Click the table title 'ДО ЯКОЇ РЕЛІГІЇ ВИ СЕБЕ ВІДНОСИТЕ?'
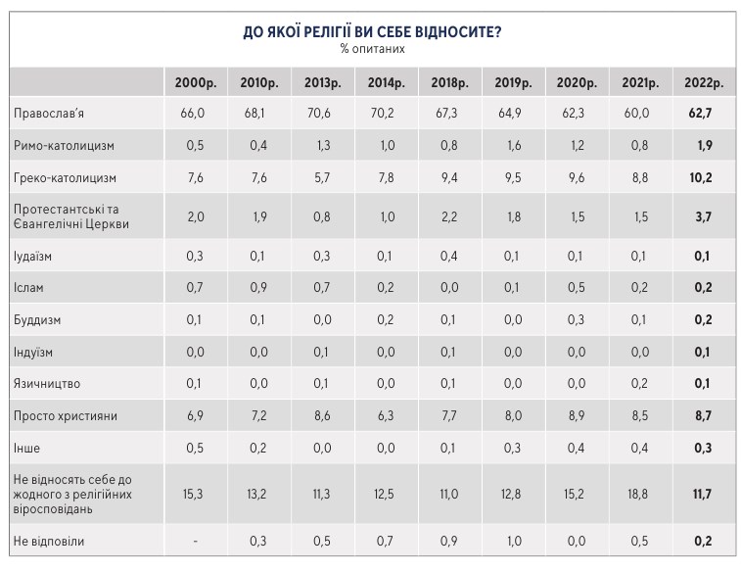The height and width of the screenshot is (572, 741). pyautogui.click(x=372, y=32)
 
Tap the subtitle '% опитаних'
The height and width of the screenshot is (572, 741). pyautogui.click(x=372, y=49)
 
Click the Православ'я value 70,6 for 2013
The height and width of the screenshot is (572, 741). pyautogui.click(x=317, y=114)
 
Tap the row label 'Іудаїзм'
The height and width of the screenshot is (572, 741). pyautogui.click(x=35, y=257)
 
